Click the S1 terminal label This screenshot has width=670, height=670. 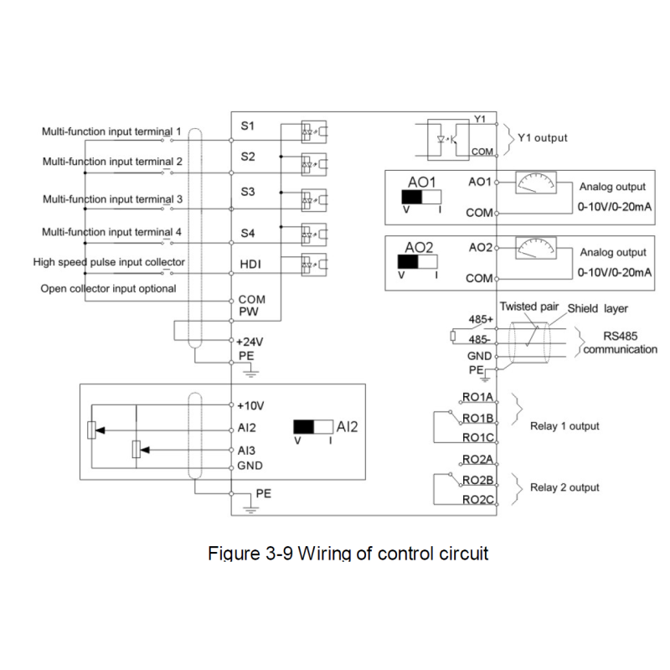coord(247,126)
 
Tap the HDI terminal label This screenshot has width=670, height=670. coord(250,265)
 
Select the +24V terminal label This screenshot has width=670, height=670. coord(250,342)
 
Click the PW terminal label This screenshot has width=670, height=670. coord(248,312)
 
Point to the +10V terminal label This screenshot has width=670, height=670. coord(250,405)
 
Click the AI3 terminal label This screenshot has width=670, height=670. coord(246,451)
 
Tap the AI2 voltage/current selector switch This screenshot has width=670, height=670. coord(313,427)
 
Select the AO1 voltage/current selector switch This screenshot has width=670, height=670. coord(421,197)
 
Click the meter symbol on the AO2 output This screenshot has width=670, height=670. coord(536,248)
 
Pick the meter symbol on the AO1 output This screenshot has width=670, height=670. coord(536,183)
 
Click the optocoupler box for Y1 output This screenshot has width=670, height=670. coord(448,140)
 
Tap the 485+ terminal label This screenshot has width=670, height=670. coord(481,319)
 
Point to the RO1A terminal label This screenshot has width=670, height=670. coord(477,397)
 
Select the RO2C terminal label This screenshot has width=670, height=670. coord(477,499)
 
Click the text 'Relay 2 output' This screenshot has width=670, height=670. coord(564,487)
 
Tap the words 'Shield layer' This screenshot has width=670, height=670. coord(597,308)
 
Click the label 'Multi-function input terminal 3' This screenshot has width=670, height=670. coord(112,199)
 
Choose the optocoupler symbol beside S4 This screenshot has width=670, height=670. coord(314,234)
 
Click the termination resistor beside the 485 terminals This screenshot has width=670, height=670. coord(453,337)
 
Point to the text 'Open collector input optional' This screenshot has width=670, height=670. coord(108,289)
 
